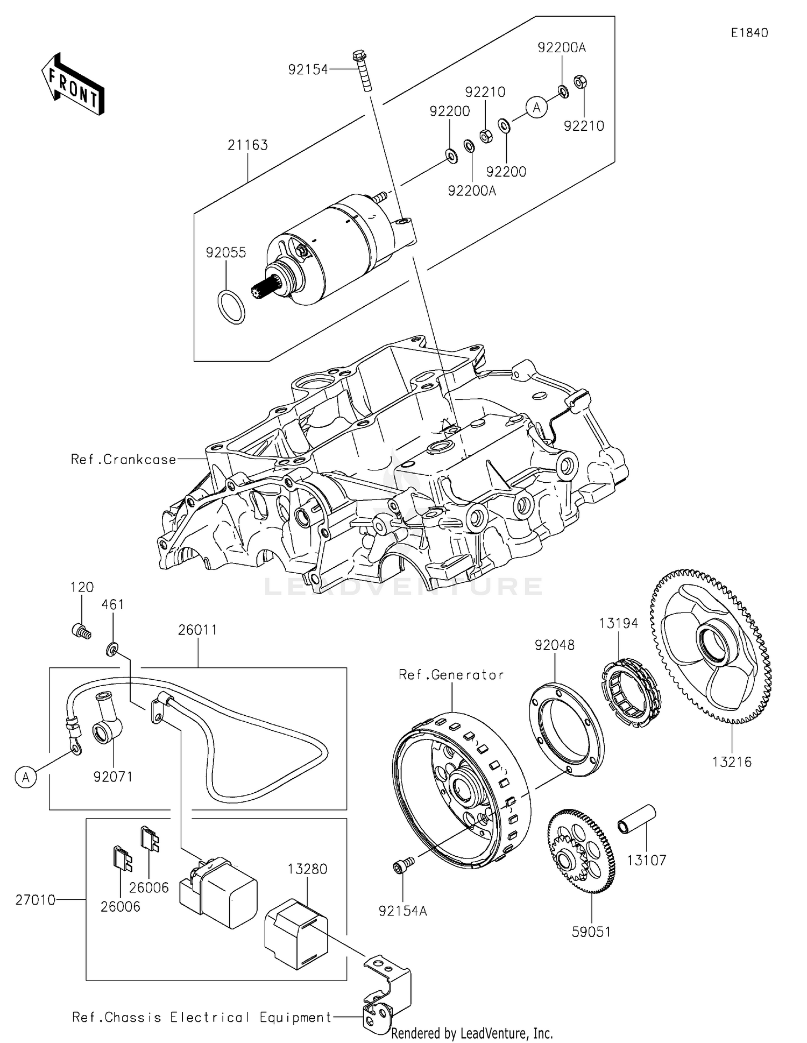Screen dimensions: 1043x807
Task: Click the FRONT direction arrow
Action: pyautogui.click(x=73, y=84)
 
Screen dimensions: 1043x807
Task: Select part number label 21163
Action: pyautogui.click(x=247, y=145)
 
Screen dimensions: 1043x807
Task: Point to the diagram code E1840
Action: pyautogui.click(x=749, y=33)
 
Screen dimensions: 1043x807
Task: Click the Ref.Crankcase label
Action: pyautogui.click(x=123, y=460)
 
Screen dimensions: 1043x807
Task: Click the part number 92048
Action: pyautogui.click(x=554, y=645)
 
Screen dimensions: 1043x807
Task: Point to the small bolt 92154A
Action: pyautogui.click(x=402, y=866)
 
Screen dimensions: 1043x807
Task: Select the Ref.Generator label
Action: pyautogui.click(x=451, y=675)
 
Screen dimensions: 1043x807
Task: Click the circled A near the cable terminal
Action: pyautogui.click(x=25, y=777)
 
